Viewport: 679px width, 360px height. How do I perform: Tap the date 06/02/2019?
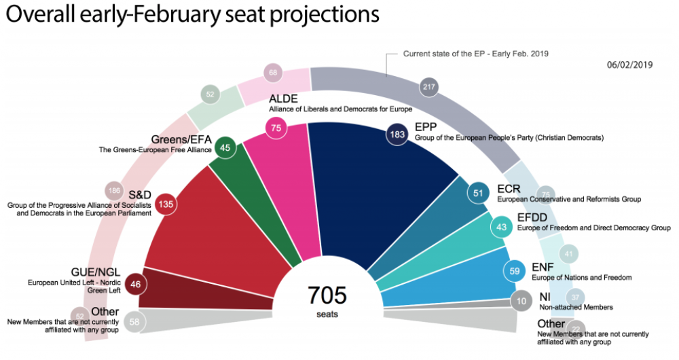click(x=629, y=65)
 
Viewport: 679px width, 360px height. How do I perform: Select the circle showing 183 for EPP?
click(x=397, y=134)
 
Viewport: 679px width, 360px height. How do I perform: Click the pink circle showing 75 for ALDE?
click(x=275, y=129)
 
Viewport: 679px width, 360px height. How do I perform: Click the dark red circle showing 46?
click(x=136, y=284)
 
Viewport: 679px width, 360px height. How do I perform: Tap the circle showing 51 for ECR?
click(x=479, y=192)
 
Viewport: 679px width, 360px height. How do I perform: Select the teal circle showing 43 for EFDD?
click(x=501, y=227)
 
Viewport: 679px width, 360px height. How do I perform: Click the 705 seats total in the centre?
click(x=327, y=300)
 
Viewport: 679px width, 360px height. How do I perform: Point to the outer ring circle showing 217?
click(x=428, y=88)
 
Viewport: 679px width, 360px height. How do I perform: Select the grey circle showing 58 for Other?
click(x=135, y=322)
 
